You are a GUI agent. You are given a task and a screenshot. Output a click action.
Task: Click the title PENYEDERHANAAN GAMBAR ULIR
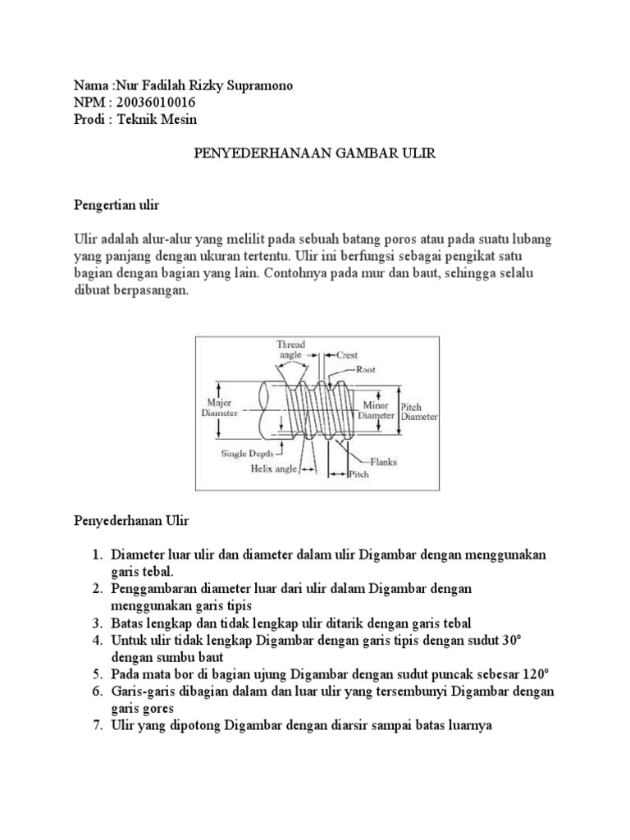point(314,153)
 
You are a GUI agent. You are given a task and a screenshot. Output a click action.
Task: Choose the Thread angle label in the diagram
point(290,350)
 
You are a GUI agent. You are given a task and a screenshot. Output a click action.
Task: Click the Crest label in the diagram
point(349,355)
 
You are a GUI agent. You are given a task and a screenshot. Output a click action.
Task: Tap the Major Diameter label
point(218,408)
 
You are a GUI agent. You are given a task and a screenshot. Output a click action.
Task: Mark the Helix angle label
point(272,470)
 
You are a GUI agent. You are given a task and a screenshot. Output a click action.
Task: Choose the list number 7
point(96,725)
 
